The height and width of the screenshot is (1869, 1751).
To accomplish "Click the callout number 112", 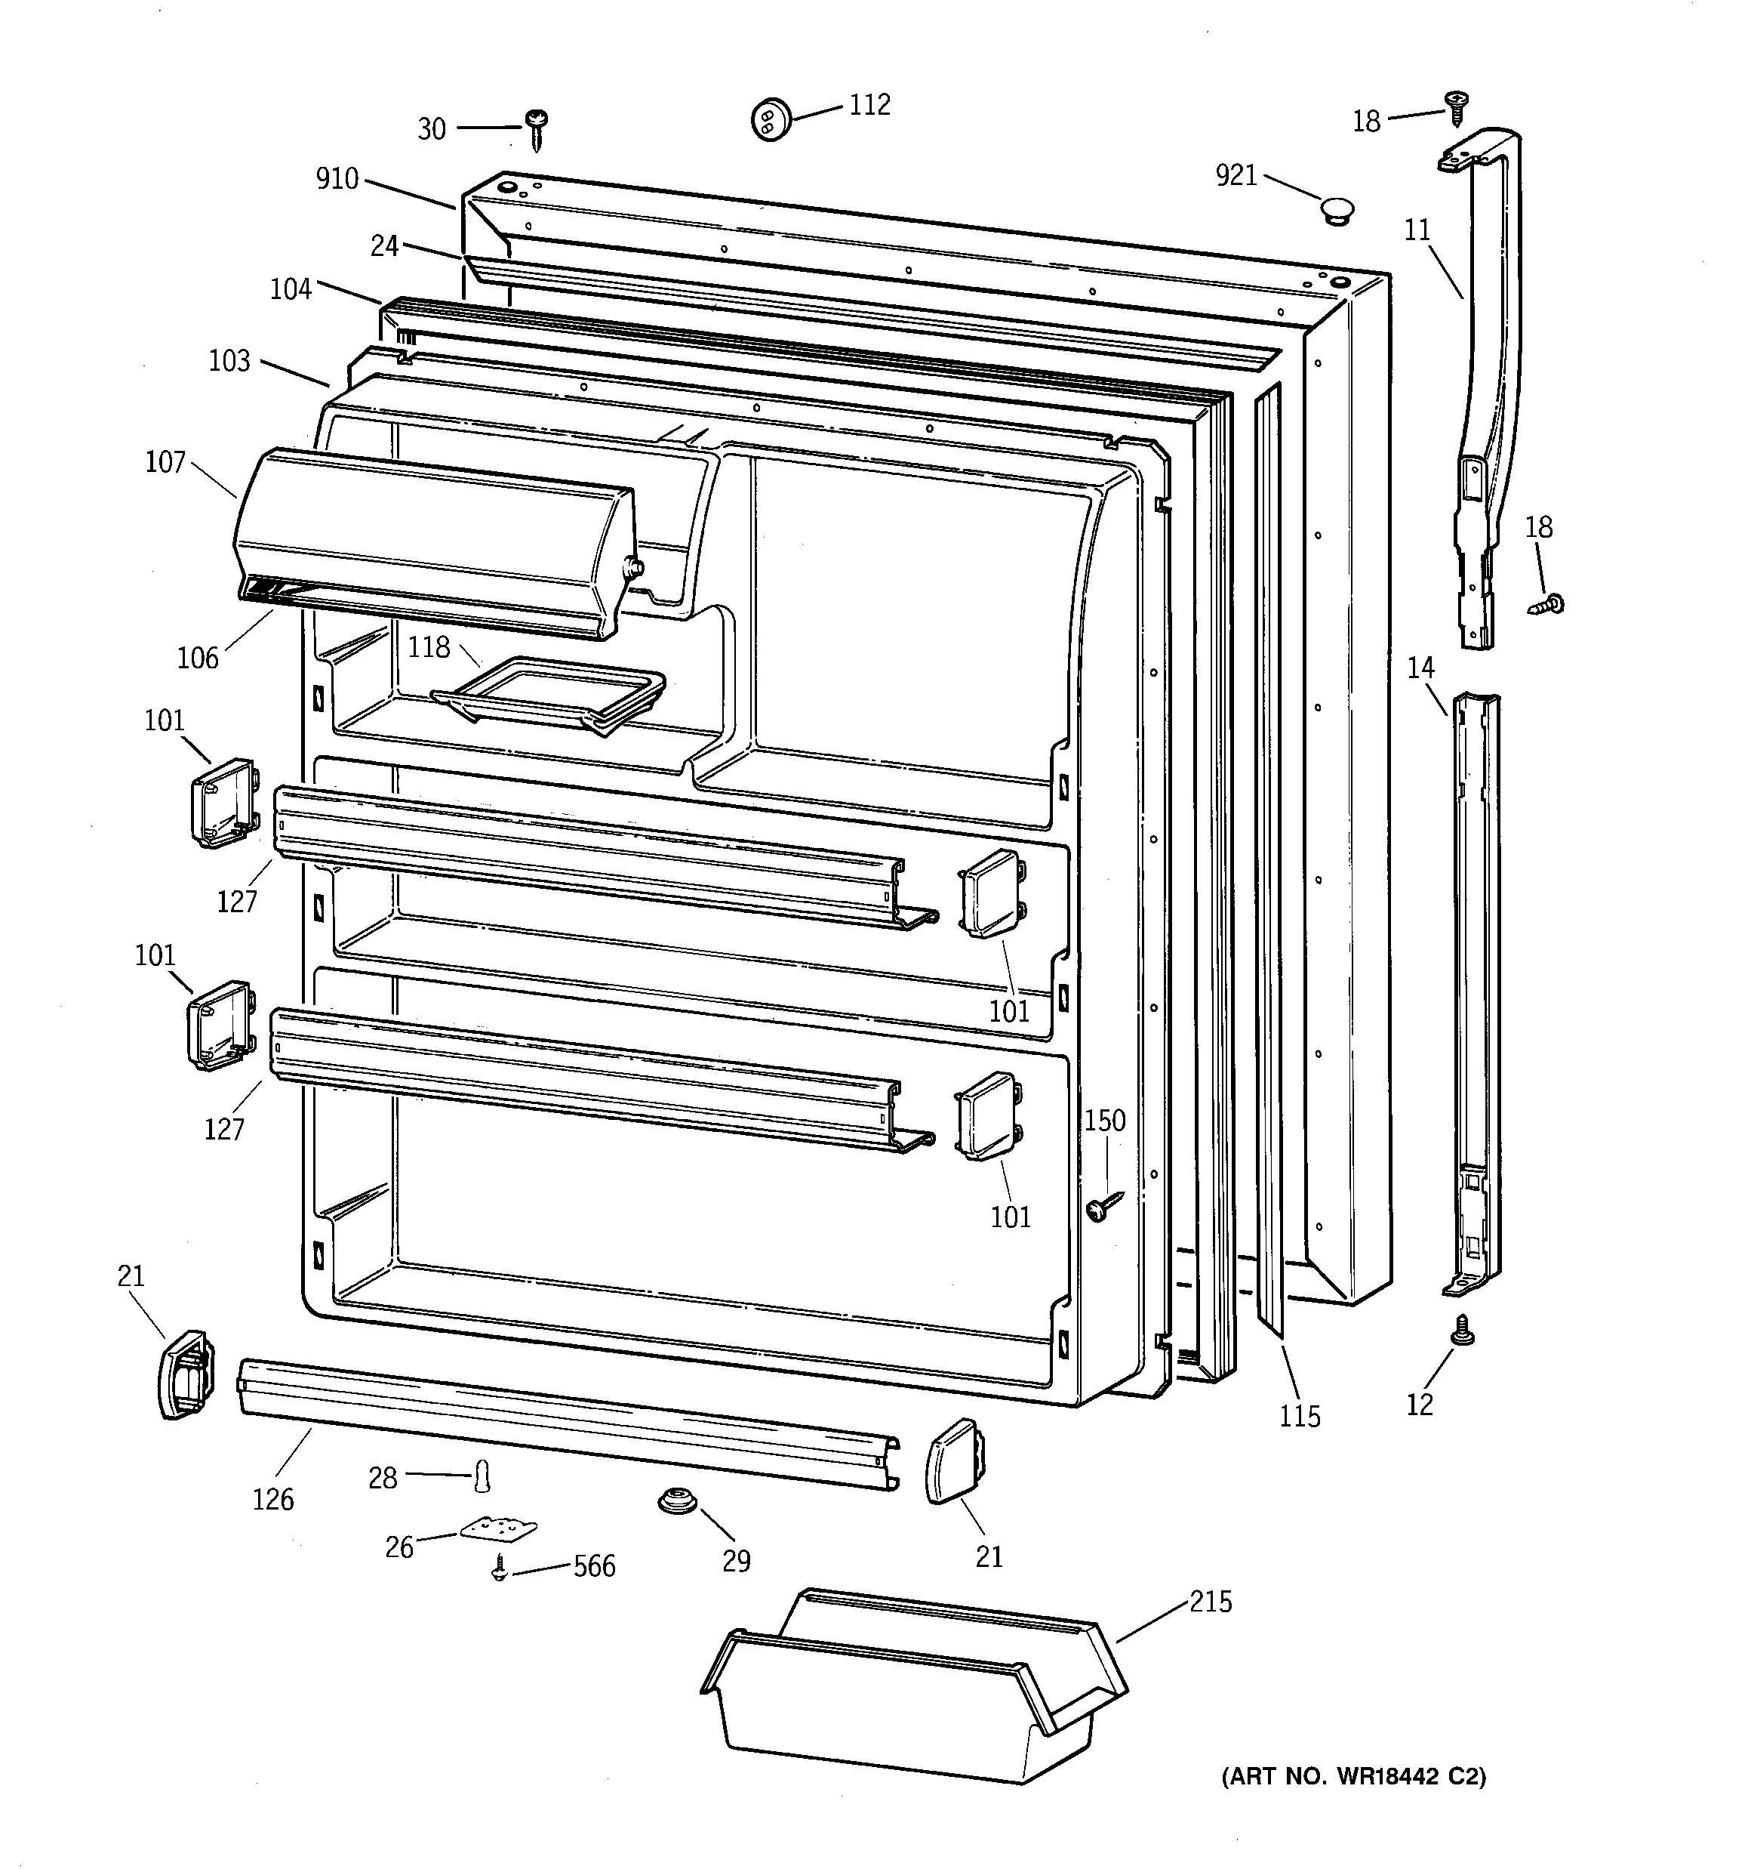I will coord(869,105).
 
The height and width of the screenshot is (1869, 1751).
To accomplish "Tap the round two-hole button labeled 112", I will coord(771,120).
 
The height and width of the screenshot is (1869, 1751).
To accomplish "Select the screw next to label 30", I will coord(537,129).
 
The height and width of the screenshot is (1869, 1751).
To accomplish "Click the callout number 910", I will coord(337,179).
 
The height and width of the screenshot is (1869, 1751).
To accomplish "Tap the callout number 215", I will coord(1211,1602).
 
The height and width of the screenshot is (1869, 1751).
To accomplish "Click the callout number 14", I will coord(1421,668).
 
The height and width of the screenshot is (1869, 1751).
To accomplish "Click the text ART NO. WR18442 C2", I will coord(1353,1777).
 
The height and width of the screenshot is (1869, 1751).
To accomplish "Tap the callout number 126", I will coord(272,1500).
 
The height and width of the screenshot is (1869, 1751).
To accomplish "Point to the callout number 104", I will coord(291,288).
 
